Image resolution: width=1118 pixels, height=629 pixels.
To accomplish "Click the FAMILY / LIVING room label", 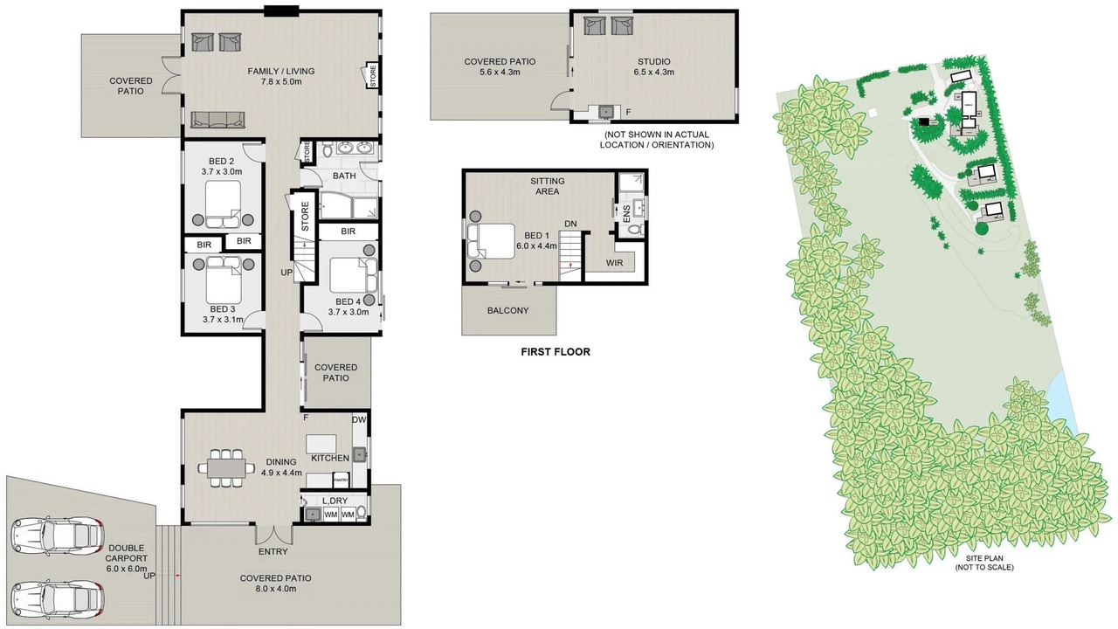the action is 281,71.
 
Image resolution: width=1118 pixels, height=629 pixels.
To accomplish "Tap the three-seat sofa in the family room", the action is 217,120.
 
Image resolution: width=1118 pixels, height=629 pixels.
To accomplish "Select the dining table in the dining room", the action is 225,468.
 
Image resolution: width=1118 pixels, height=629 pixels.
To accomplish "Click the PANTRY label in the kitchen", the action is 341,480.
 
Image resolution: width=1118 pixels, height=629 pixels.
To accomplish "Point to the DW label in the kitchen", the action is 359,420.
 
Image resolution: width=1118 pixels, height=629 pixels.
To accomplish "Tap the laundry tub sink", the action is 313,514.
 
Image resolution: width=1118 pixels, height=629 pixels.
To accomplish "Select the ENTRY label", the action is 273,551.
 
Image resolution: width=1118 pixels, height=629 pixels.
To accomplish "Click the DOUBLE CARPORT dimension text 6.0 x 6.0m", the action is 127,569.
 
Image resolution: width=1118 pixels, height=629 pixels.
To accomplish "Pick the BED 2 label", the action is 222,162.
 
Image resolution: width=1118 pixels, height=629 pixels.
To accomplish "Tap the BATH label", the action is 344,176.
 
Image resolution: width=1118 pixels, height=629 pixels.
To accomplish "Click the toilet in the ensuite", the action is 635,230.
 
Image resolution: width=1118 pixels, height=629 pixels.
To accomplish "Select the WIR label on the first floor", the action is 614,263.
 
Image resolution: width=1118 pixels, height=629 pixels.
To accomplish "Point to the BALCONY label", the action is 508,310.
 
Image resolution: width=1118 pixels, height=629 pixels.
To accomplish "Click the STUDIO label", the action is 654,61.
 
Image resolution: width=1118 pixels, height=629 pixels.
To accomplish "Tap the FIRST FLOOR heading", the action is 556,352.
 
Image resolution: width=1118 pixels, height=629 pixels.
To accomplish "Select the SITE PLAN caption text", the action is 984,558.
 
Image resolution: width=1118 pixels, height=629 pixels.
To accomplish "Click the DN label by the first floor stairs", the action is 570,225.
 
